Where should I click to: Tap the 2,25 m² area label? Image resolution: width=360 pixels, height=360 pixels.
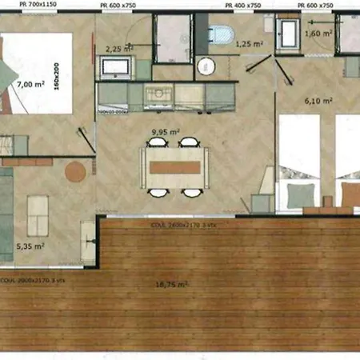coord(118,48)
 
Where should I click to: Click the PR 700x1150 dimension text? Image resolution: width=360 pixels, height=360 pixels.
coord(20,5)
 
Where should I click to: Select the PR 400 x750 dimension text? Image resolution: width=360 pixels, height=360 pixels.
coord(243,5)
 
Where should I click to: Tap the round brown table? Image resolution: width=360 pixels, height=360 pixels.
coord(75,172)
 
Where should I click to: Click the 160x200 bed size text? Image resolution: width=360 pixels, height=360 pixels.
coord(80,78)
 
